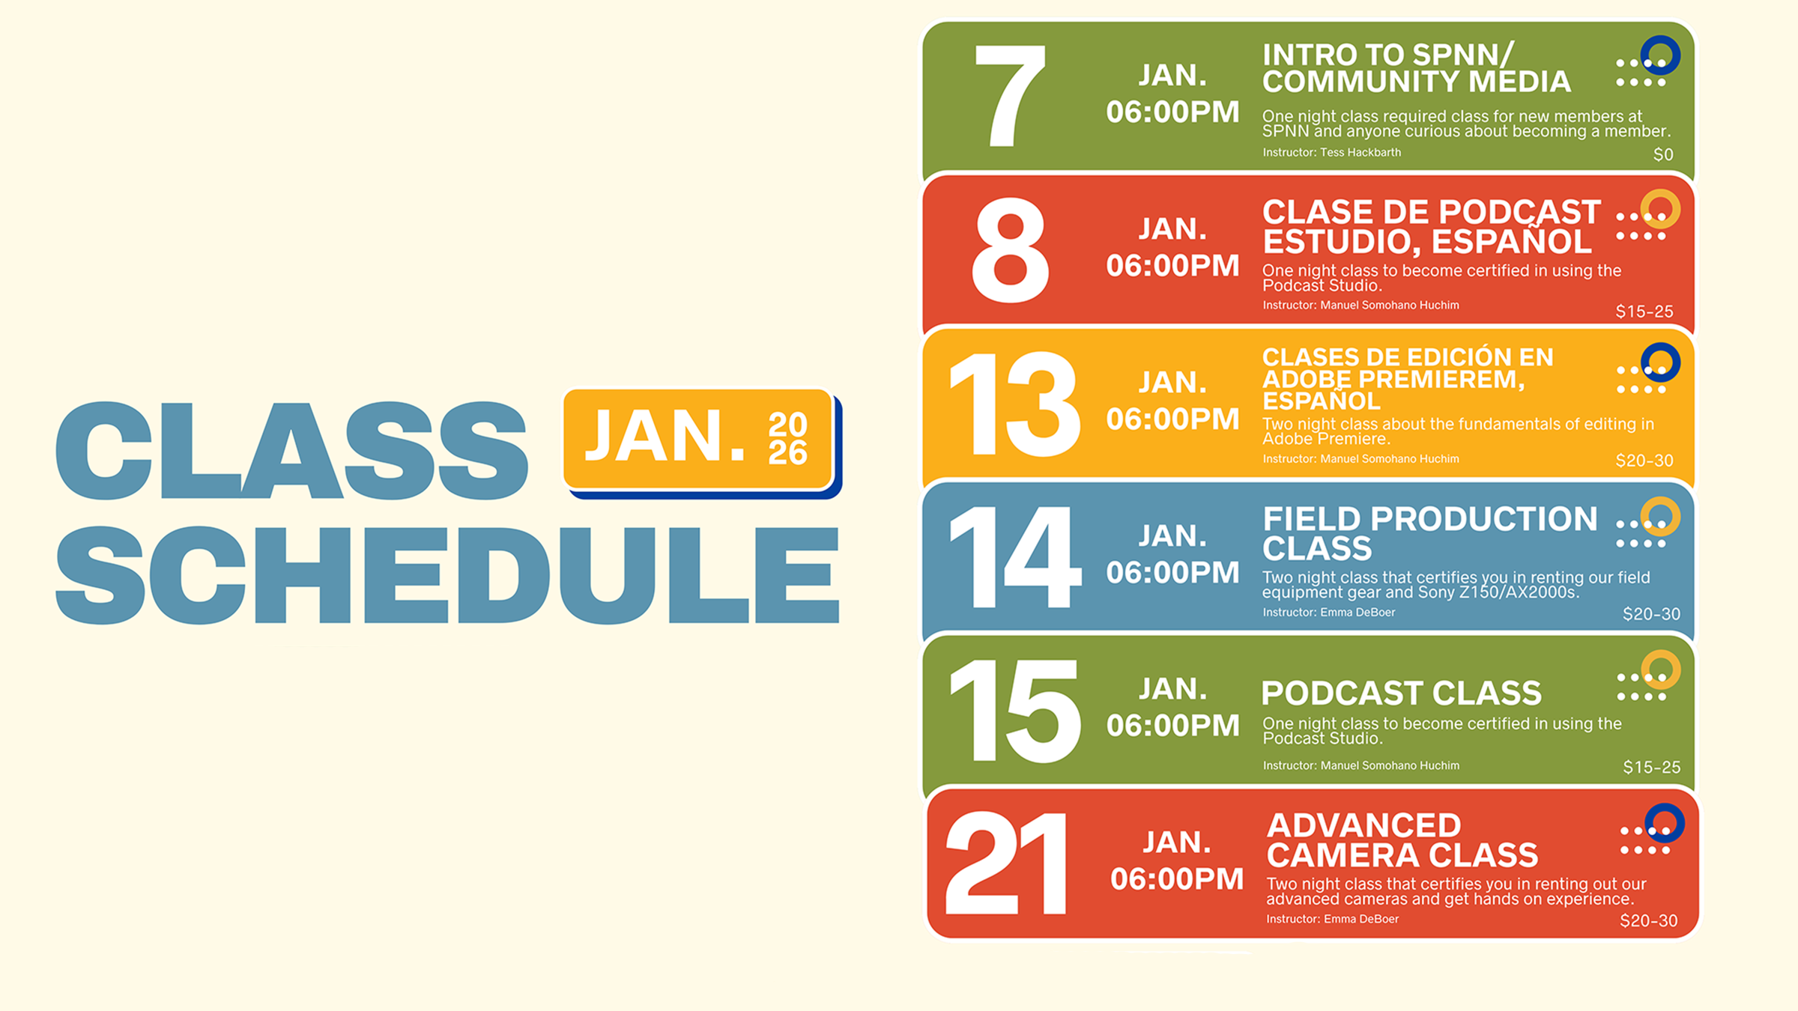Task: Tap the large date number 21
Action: (x=1006, y=863)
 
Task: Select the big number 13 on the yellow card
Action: (x=1014, y=404)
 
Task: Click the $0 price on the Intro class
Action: (x=1662, y=155)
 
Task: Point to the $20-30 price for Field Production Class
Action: (x=1651, y=614)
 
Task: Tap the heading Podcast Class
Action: (x=1401, y=693)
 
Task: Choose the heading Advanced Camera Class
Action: (x=1401, y=840)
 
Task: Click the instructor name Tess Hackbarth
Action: (x=1360, y=153)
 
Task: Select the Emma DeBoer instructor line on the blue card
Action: (x=1328, y=613)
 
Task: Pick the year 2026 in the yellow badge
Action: (x=787, y=439)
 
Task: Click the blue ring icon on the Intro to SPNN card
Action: (x=1660, y=55)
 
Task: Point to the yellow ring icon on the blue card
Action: (x=1660, y=517)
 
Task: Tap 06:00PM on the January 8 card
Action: (x=1172, y=266)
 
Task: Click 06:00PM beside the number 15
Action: (x=1172, y=726)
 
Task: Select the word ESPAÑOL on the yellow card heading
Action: (x=1321, y=401)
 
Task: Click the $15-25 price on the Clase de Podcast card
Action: (x=1644, y=312)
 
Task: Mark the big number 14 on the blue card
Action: (x=1014, y=557)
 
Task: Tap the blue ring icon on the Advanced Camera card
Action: (x=1665, y=823)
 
